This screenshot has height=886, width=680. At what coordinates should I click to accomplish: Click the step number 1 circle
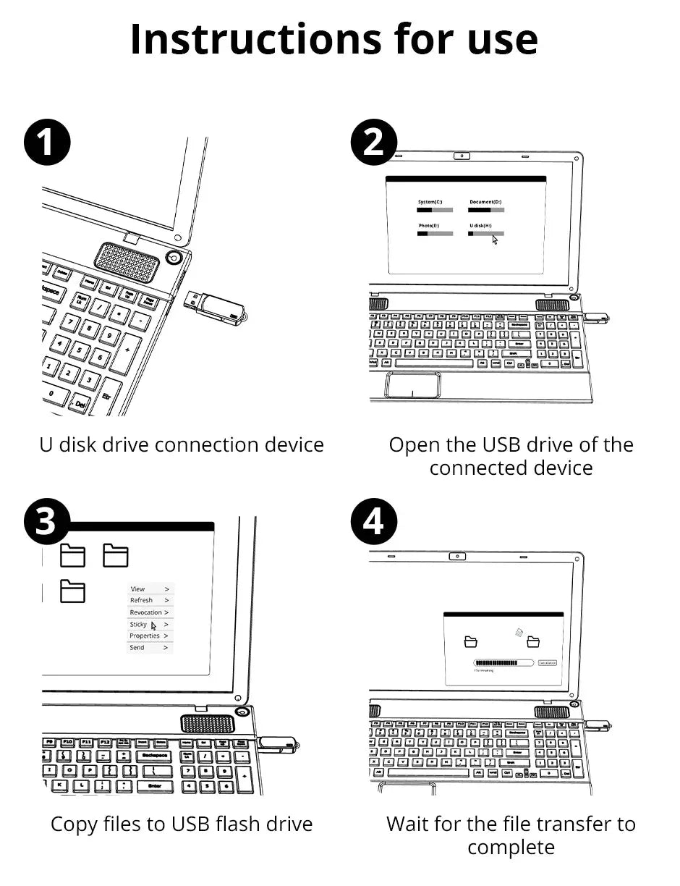(47, 142)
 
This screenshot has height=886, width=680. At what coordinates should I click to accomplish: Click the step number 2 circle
(373, 142)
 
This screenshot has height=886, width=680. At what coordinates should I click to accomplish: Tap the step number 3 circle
(47, 521)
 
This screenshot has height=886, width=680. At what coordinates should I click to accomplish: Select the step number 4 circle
(373, 521)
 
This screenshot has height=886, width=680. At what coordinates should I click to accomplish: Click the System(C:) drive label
(430, 202)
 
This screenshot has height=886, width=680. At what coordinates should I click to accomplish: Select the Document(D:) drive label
(485, 202)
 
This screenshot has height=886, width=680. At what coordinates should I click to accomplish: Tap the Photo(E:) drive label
(428, 226)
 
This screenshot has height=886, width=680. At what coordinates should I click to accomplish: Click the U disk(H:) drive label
(480, 226)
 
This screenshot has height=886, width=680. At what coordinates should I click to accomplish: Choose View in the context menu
(138, 589)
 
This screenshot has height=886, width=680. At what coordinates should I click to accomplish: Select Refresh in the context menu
(142, 600)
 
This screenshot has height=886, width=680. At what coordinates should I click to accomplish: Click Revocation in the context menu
(145, 612)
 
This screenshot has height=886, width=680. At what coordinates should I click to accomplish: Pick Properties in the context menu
(145, 636)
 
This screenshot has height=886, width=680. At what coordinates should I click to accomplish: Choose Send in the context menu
(137, 648)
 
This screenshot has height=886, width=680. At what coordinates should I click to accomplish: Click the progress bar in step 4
(503, 662)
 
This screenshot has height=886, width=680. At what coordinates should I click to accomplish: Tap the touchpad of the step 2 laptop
(413, 384)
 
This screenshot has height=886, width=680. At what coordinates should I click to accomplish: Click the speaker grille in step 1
(127, 262)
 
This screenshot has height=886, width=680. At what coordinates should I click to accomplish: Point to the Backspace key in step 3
(155, 755)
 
